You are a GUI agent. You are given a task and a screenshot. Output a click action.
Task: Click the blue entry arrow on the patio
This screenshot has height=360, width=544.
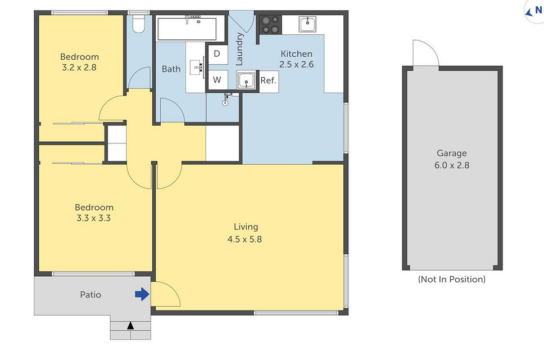coord(142,294)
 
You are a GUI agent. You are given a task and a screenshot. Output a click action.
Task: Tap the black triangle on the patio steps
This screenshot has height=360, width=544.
coord(130,325)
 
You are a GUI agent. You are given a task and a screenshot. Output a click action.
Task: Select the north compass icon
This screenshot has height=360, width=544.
coord(533,11)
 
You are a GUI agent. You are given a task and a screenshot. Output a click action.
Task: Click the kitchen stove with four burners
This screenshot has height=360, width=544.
coord(269,25)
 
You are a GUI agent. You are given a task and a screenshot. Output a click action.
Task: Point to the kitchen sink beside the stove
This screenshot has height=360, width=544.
coord(307,24)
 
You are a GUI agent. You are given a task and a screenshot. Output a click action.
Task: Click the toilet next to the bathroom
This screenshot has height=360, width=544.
coord(137,23)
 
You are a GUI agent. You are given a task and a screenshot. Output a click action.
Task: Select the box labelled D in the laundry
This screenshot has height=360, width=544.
coord(217,55)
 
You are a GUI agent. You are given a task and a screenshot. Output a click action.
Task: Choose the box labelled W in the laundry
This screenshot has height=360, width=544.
coord(217,80)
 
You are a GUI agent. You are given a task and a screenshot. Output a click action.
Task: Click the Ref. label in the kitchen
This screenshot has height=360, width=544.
coord(268,81)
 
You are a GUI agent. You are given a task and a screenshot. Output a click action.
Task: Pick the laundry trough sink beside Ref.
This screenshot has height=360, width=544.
coord(246,82)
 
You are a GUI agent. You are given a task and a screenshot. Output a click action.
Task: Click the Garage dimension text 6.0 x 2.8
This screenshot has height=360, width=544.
coord(451,165)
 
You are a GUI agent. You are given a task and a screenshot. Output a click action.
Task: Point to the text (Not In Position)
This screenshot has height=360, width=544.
coord(451,279)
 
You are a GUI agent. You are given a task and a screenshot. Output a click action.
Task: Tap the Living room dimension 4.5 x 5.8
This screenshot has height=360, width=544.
coord(246,238)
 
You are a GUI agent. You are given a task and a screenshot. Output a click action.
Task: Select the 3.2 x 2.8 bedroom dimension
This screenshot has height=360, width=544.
coord(79,67)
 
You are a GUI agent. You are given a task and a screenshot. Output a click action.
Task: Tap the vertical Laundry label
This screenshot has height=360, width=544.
coord(239,49)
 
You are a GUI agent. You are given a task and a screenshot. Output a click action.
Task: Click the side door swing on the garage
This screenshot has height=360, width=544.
coord(425,54)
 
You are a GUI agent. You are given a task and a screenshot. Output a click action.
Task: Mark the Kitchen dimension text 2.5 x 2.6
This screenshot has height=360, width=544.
coord(296,64)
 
